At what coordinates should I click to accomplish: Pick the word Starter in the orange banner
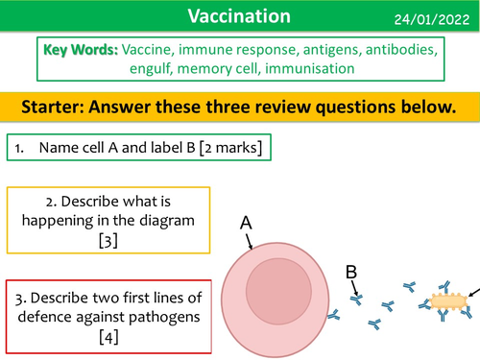[60, 106]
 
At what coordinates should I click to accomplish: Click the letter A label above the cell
[246, 223]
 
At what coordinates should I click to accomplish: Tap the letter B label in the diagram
[351, 272]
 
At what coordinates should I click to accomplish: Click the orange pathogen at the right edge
[450, 301]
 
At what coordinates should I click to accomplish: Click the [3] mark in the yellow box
[108, 241]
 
